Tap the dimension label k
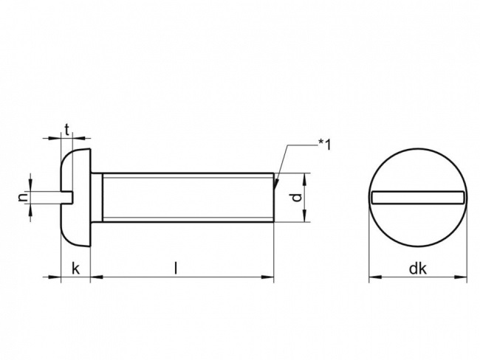pyautogui.click(x=75, y=269)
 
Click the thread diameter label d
pyautogui.click(x=295, y=198)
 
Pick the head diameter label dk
pyautogui.click(x=418, y=269)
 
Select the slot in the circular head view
pyautogui.click(x=418, y=196)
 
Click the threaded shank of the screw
pyautogui.click(x=185, y=197)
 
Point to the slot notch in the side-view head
pyautogui.click(x=66, y=196)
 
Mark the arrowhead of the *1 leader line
pyautogui.click(x=275, y=184)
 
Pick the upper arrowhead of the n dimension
pyautogui.click(x=30, y=187)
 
